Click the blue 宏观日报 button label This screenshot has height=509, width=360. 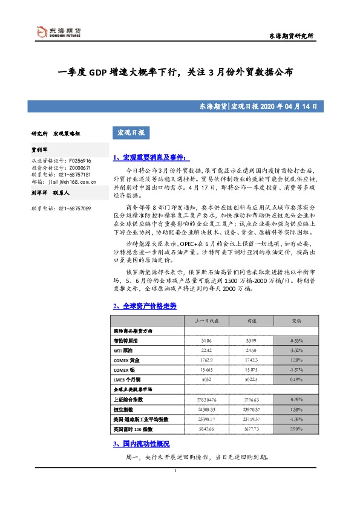pyautogui.click(x=130, y=132)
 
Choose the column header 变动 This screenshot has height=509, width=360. pyautogui.click(x=297, y=320)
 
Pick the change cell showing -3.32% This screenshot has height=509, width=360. pyautogui.click(x=297, y=351)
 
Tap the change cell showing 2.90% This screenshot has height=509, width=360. pyautogui.click(x=297, y=429)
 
